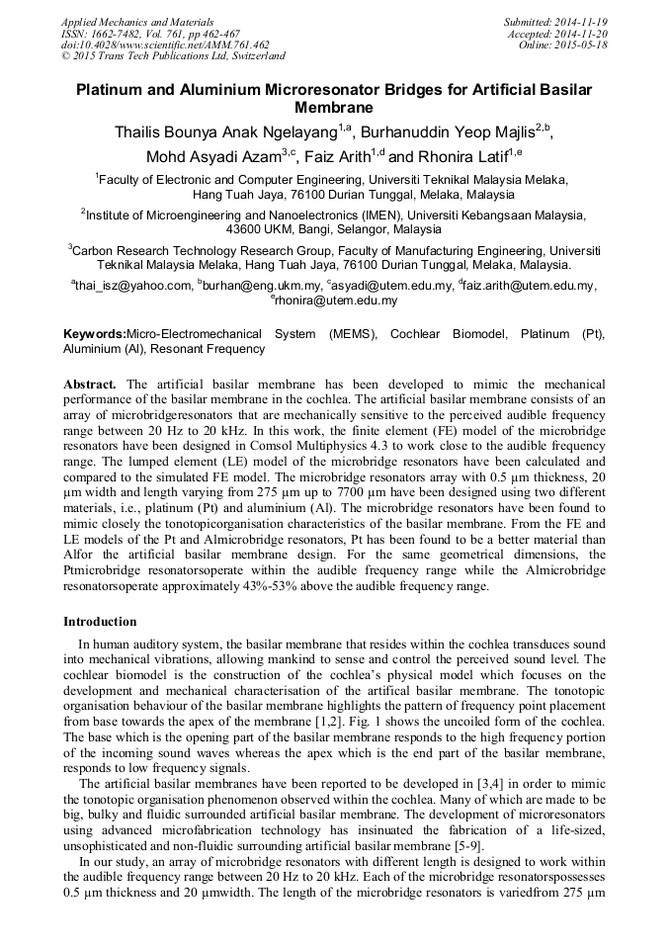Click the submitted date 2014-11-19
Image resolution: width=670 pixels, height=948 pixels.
click(x=583, y=22)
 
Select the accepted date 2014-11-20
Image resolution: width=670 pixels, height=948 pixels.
click(x=583, y=33)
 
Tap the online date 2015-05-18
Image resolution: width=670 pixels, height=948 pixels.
click(x=583, y=44)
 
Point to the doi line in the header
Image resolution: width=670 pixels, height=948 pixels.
click(x=165, y=44)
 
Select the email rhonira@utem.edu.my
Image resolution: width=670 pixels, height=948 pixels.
click(x=336, y=301)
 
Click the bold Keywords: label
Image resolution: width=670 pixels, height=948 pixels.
click(x=95, y=334)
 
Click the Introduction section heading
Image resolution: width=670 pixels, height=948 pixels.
click(x=100, y=622)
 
